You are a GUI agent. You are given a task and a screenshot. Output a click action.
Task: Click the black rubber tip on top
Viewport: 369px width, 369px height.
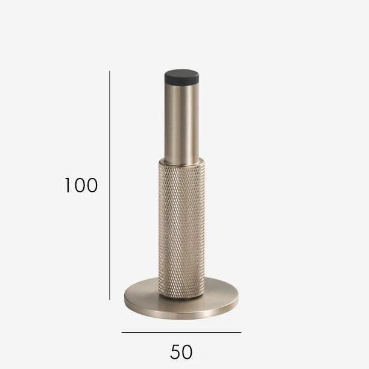coord(181,77)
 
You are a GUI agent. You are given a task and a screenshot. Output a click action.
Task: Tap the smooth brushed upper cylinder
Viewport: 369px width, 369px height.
coord(181,121)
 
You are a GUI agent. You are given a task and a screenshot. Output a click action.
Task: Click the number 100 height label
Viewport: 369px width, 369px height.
coord(81,186)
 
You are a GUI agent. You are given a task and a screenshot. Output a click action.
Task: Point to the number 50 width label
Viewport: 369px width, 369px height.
coord(181,350)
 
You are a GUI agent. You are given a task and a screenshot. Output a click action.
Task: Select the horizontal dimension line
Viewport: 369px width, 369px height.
coord(181,332)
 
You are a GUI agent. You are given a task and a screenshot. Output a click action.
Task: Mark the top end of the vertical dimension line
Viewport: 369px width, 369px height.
coord(110,71)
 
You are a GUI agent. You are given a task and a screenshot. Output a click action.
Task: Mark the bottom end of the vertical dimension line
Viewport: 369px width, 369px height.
coord(110,299)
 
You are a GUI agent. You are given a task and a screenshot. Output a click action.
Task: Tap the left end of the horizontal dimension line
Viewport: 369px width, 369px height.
coord(122,332)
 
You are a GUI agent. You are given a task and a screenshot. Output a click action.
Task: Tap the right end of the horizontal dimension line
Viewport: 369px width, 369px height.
coord(241,332)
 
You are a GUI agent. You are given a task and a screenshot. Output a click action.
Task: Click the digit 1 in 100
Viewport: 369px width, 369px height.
coord(68,186)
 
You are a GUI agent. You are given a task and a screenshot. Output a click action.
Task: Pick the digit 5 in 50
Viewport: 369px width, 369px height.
coord(175,350)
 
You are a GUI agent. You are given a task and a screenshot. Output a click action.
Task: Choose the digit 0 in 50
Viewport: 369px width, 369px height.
coord(188,350)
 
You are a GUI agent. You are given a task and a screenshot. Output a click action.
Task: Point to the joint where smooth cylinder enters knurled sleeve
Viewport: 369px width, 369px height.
coord(181,162)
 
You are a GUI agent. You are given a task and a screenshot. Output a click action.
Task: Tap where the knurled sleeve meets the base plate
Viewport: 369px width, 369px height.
coord(181,296)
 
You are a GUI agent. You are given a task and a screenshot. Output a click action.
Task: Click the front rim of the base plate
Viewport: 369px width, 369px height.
coord(181,314)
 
